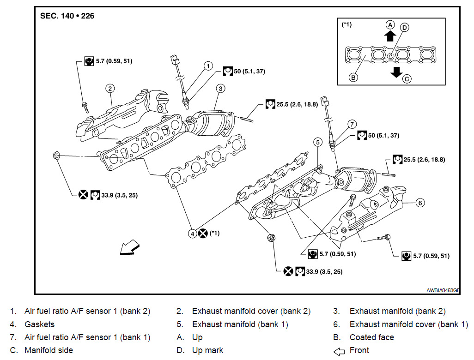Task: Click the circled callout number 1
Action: pos(208,66)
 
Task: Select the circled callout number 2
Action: pos(109,88)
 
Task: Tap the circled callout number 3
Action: pos(220,88)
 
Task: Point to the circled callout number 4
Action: pos(192,233)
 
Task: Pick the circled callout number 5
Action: pos(318,142)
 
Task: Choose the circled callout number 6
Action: pos(419,202)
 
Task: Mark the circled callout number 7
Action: pos(352,124)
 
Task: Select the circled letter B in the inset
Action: pos(353,77)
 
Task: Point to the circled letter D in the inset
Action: pos(404,28)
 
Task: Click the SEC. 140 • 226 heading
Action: pos(67,16)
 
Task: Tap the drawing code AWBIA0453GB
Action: pos(443,291)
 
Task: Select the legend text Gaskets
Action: pos(39,324)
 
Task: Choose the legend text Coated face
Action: pos(372,337)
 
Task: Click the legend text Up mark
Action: pos(207,350)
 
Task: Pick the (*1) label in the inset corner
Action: pos(346,24)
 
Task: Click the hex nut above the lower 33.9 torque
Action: pos(272,238)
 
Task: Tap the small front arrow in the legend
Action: pos(339,351)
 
